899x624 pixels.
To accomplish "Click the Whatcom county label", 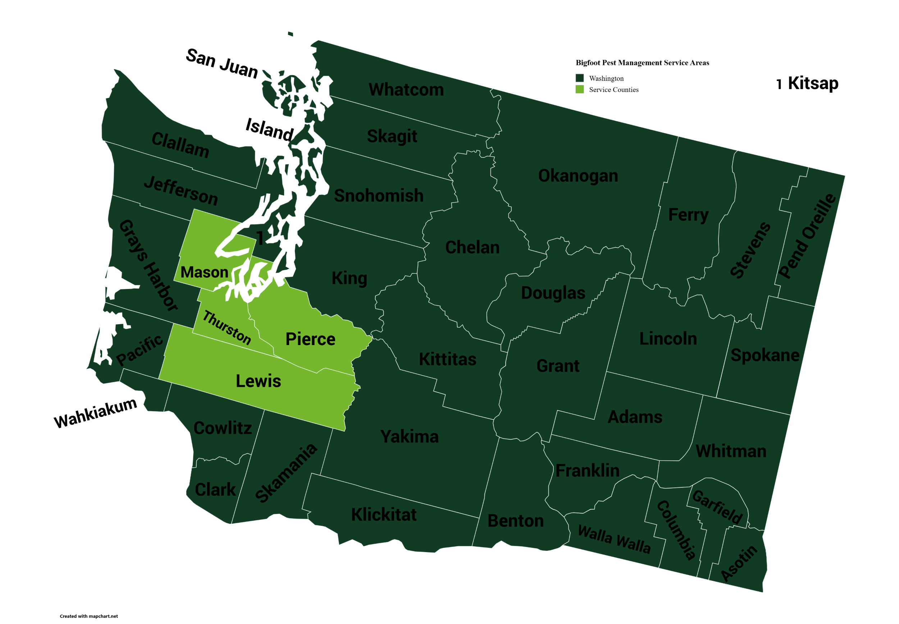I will (x=406, y=90).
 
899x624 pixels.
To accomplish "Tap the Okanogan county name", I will (x=578, y=175).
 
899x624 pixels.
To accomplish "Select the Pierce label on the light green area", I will (x=310, y=339).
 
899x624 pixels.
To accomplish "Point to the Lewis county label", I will (x=258, y=381).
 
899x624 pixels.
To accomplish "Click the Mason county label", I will (x=204, y=272).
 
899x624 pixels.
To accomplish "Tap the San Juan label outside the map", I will (x=222, y=64).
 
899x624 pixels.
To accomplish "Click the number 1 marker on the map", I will (x=260, y=237).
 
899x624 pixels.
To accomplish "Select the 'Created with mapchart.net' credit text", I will (x=89, y=616).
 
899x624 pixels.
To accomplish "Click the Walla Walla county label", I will (x=614, y=540).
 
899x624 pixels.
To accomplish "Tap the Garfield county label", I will (x=717, y=507).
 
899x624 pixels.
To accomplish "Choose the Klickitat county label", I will (x=384, y=514).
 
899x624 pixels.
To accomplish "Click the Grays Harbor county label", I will (x=148, y=265).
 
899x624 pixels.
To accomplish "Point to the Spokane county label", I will (x=765, y=355).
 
